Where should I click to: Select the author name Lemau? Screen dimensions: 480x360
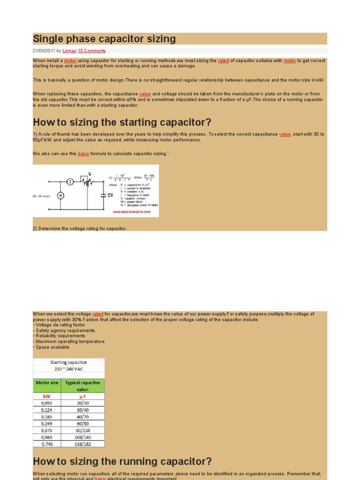69,51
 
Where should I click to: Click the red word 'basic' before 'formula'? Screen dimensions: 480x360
83,153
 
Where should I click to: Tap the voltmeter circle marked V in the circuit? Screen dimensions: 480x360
60,195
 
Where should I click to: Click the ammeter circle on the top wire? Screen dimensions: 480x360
69,181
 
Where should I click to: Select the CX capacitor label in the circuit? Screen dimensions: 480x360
111,195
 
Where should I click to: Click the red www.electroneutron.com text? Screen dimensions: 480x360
132,212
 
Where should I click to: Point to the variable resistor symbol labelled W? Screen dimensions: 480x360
85,180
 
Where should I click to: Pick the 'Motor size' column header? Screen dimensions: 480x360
47,383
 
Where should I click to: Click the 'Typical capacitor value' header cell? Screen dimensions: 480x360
83,386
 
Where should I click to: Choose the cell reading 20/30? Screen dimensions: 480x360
83,402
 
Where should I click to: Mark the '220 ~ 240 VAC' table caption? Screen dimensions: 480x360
69,369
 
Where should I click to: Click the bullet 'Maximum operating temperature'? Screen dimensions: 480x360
70,342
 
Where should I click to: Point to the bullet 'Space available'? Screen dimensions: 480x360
52,347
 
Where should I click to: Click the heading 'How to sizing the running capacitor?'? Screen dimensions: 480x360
122,461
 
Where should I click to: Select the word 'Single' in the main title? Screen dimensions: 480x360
47,39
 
